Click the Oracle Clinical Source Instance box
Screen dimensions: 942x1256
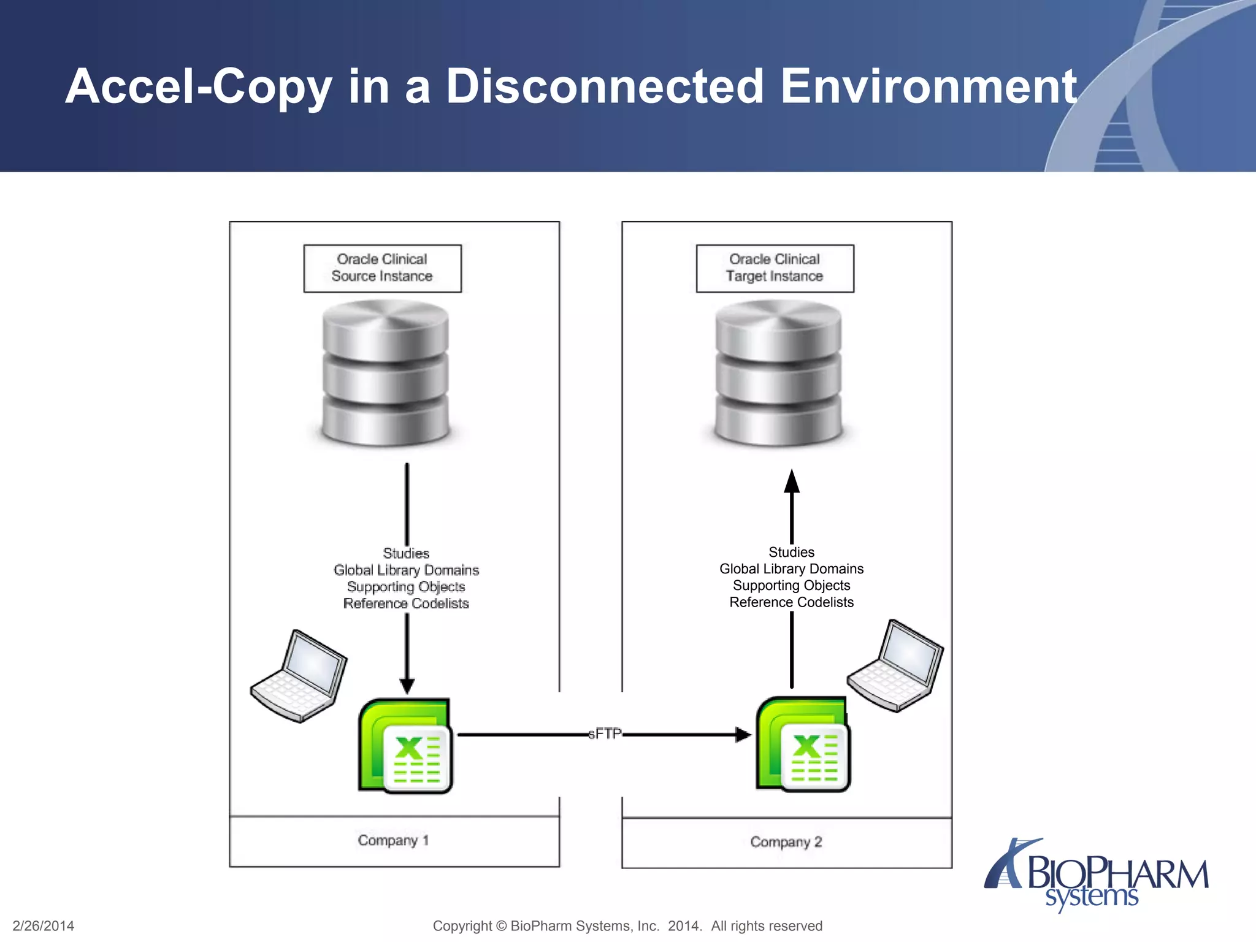point(382,268)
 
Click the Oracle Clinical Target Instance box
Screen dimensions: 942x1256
point(775,268)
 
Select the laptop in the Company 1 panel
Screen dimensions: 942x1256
point(299,676)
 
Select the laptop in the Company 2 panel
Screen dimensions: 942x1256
point(895,666)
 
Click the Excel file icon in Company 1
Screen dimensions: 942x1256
point(405,746)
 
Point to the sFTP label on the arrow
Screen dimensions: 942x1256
point(605,733)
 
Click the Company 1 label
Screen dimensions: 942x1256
point(393,840)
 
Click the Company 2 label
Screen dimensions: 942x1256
point(786,842)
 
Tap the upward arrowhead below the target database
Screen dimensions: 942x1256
point(792,481)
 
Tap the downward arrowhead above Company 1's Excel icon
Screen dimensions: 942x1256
point(407,686)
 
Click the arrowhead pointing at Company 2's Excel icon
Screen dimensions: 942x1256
point(743,734)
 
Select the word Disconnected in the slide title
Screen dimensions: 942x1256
point(605,86)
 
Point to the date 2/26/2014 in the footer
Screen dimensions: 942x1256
point(44,926)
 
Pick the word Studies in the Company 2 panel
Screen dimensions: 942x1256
point(791,552)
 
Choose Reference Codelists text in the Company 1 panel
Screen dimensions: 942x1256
point(406,603)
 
